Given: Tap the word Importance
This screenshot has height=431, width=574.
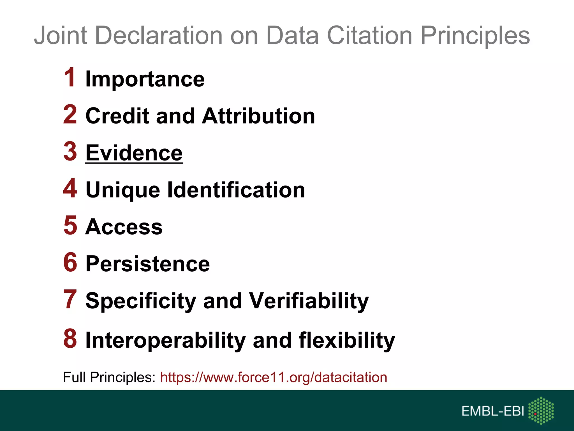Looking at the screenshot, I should (x=145, y=79).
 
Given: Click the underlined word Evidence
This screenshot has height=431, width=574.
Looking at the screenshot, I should (x=134, y=153).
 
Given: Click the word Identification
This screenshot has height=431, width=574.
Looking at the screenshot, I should (x=236, y=190).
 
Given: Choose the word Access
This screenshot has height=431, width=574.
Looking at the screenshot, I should (x=124, y=227).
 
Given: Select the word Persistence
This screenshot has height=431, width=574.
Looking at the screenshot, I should (x=147, y=264).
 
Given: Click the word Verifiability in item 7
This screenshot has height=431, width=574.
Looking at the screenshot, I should (x=309, y=301).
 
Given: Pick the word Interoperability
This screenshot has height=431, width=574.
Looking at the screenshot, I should (x=166, y=340).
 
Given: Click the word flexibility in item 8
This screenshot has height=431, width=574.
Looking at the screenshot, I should (x=347, y=340).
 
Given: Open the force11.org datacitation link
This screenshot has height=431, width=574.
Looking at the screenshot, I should (x=274, y=377).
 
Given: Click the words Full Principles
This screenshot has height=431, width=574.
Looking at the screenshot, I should (x=109, y=377).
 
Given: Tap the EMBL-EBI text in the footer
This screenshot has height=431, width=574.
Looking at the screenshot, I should (x=492, y=411).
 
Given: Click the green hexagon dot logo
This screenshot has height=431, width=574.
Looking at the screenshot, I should (x=541, y=410).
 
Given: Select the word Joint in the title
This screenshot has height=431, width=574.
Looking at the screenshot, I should (x=60, y=36).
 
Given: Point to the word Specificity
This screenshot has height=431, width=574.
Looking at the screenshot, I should (x=141, y=301).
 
